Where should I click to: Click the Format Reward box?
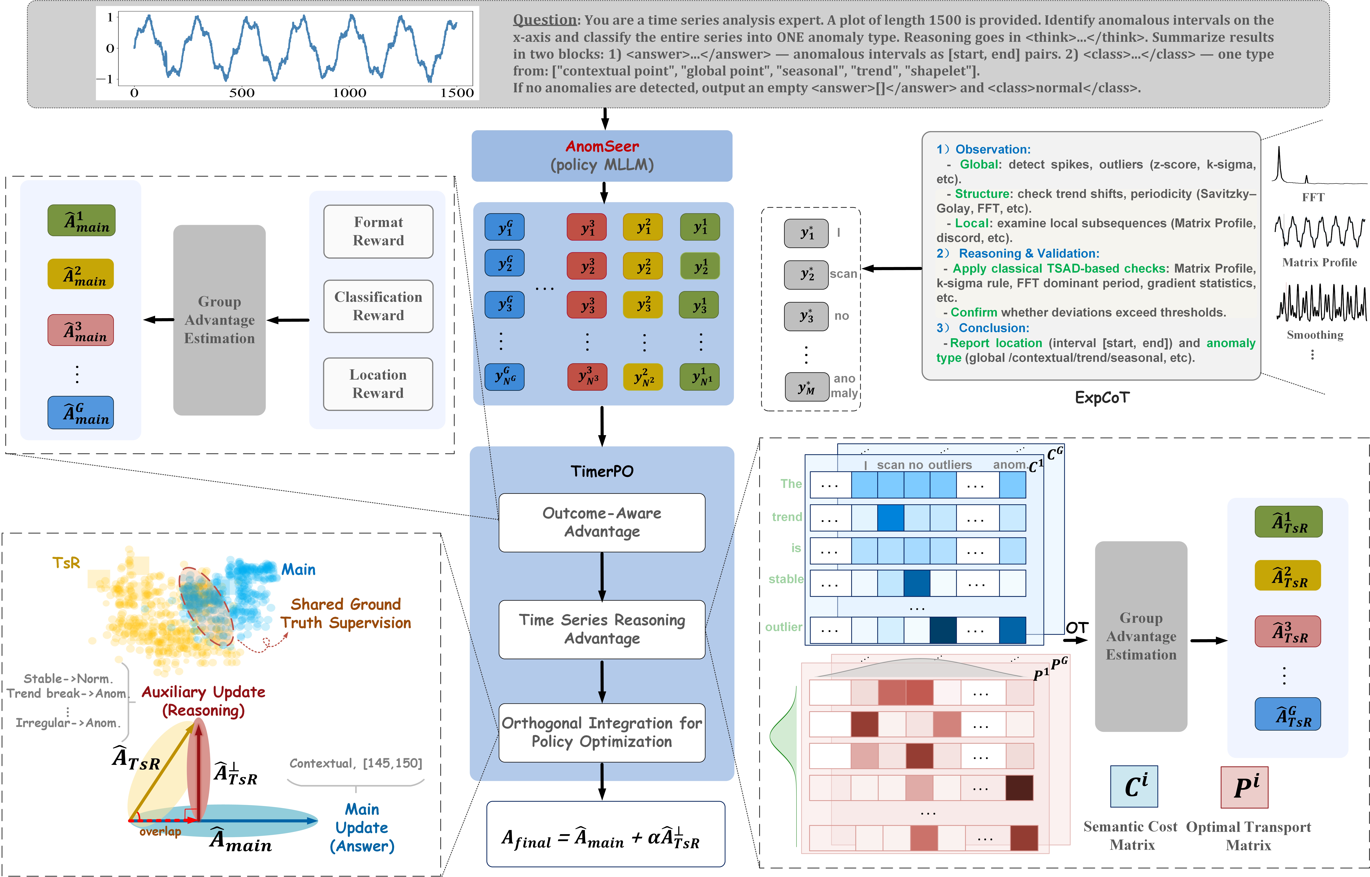pos(378,231)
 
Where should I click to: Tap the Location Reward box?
pos(378,384)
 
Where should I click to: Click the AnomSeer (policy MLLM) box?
pos(602,156)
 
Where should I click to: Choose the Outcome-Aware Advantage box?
pos(602,522)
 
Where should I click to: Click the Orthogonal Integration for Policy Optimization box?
pos(602,732)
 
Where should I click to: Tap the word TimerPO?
pos(602,471)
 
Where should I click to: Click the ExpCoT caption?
pos(1102,397)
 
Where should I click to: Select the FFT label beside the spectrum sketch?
pos(1313,197)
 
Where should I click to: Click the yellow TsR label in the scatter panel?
pos(66,563)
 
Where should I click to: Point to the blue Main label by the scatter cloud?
pos(298,570)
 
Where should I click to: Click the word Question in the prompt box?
pos(545,20)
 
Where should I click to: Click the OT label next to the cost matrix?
pos(1077,628)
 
